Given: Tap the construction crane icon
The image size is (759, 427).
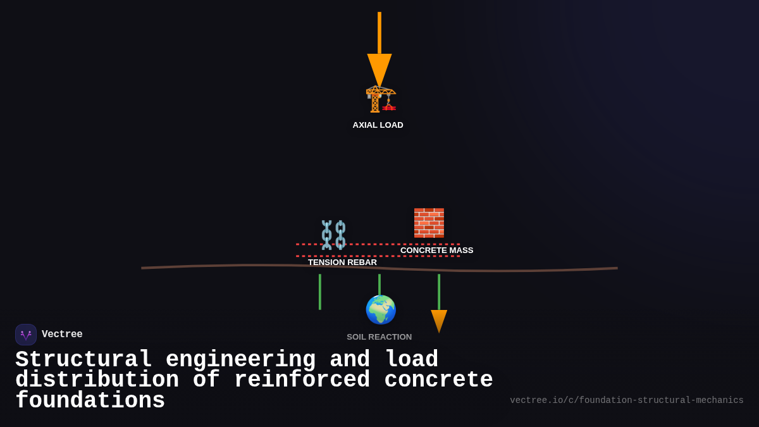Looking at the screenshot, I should pyautogui.click(x=380, y=99).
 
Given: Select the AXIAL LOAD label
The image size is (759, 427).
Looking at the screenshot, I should pyautogui.click(x=378, y=125).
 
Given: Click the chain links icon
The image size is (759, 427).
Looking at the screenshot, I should pyautogui.click(x=333, y=235).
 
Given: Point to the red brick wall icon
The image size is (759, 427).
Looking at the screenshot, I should pyautogui.click(x=429, y=223).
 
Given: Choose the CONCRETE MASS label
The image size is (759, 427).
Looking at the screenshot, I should pyautogui.click(x=436, y=251).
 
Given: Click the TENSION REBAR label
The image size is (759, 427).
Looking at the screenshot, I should pyautogui.click(x=342, y=263).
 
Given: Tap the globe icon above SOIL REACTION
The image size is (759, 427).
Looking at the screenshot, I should pyautogui.click(x=381, y=310).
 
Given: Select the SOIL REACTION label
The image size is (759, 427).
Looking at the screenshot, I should pyautogui.click(x=379, y=337).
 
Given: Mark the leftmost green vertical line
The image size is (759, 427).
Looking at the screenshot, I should pyautogui.click(x=320, y=292).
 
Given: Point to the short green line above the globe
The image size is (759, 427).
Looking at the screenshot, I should pyautogui.click(x=379, y=284).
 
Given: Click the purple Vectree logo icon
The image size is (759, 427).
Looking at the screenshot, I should pyautogui.click(x=26, y=335).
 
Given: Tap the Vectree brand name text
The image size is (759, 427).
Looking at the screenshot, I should pyautogui.click(x=62, y=335).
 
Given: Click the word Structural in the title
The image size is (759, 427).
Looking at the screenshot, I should pyautogui.click(x=83, y=360).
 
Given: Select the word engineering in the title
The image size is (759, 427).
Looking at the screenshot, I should pyautogui.click(x=240, y=360).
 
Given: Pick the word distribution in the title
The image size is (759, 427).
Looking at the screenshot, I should pyautogui.click(x=97, y=380).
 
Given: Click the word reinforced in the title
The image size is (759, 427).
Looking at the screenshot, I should pyautogui.click(x=302, y=380).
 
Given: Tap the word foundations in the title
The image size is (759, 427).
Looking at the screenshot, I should pyautogui.click(x=90, y=401).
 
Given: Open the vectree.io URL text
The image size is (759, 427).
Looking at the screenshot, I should pyautogui.click(x=626, y=400).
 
